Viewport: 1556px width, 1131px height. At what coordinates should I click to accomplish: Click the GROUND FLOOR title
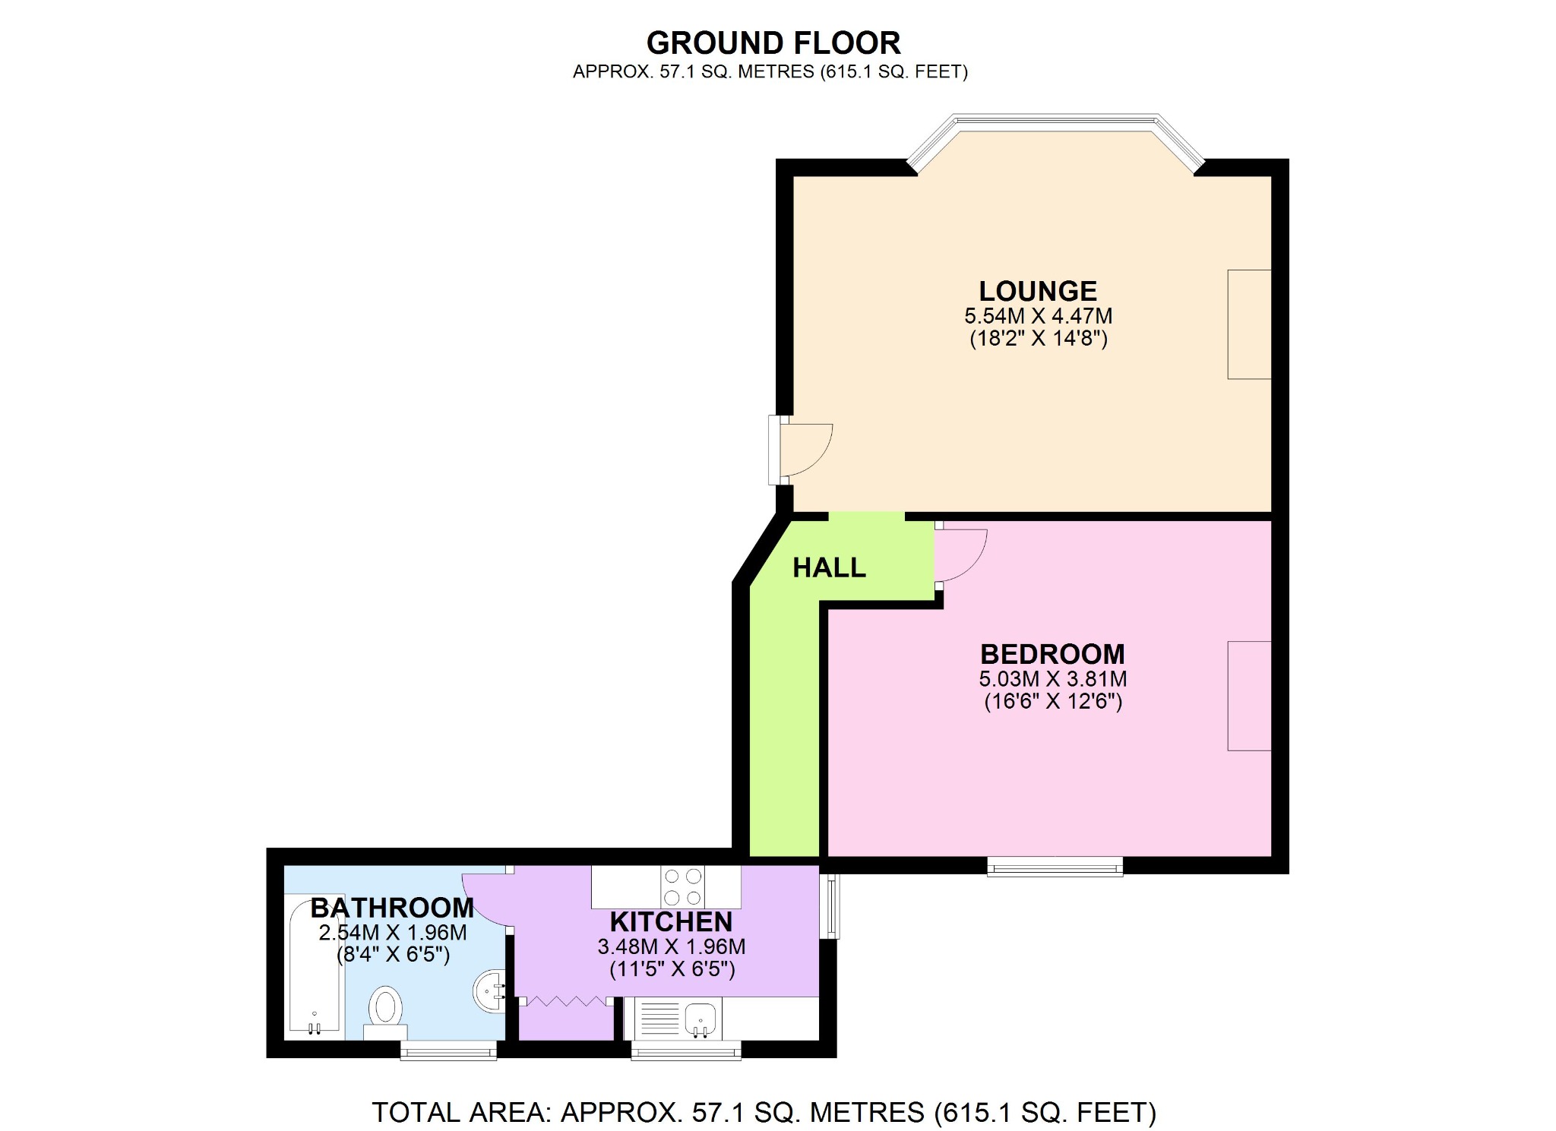click(773, 43)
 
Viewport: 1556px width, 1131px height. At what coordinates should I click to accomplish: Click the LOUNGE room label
click(1037, 291)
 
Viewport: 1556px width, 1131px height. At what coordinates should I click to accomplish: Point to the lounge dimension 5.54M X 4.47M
click(1038, 316)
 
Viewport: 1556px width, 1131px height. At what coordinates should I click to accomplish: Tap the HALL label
click(829, 567)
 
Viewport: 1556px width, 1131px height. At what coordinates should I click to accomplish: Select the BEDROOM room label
click(1052, 654)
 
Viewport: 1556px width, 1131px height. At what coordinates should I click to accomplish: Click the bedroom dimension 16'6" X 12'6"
click(1053, 701)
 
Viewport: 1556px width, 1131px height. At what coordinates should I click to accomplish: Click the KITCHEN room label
click(671, 921)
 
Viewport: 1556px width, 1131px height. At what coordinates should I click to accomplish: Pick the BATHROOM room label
click(392, 908)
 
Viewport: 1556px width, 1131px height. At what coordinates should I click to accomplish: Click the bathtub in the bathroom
click(314, 965)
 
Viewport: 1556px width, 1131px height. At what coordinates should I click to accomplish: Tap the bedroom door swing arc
click(961, 554)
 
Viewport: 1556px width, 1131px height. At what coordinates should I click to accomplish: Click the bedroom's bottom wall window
click(1055, 867)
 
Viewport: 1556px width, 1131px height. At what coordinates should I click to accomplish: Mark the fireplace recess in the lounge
click(1249, 324)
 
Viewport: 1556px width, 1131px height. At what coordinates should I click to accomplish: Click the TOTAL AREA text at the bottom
click(764, 1112)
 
